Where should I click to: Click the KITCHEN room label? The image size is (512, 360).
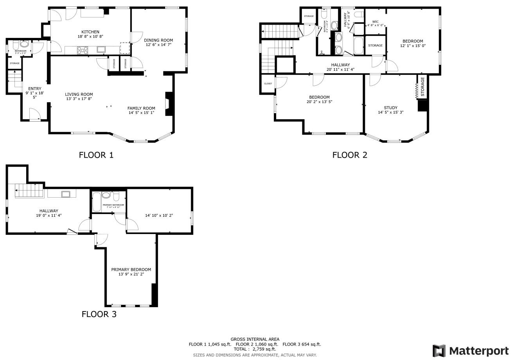coord(90,32)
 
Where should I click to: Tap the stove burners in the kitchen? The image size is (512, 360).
coord(83,50)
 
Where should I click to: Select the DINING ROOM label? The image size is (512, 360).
coord(158,40)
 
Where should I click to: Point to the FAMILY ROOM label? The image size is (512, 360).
coord(141,108)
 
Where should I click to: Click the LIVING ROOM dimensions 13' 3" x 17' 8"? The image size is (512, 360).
coord(79,99)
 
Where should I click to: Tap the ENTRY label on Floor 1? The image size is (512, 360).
coord(34,89)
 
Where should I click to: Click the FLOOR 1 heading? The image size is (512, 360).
coord(96,155)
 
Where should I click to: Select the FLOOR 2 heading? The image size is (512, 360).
coord(350,155)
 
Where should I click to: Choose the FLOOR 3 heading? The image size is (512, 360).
coord(99,314)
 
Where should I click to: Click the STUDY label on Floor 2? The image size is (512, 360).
coord(390,108)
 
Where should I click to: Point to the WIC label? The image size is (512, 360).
coord(375,22)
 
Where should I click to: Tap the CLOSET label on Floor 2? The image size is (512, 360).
coord(268,84)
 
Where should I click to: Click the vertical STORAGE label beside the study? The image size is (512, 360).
coord(422,86)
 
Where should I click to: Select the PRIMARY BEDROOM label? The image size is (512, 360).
coord(131,270)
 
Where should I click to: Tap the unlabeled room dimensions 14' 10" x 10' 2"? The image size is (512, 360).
coord(159,215)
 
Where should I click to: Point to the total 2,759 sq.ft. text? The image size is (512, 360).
coord(255,349)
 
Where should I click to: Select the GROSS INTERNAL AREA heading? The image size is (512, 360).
coord(255,339)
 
